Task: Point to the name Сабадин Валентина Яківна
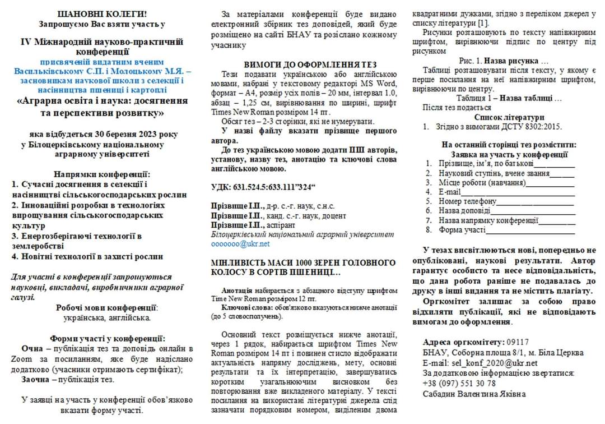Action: click(x=474, y=394)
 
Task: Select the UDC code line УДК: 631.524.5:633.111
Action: click(x=263, y=186)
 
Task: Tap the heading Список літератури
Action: click(x=509, y=117)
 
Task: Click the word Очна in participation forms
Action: click(x=32, y=349)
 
